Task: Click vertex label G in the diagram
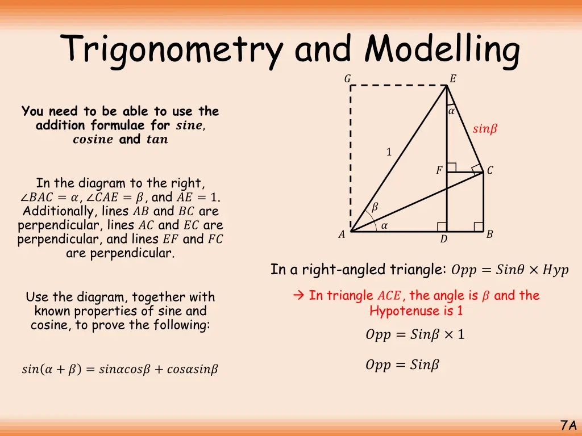pos(347,79)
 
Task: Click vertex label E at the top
pos(452,79)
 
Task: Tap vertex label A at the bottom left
pos(342,234)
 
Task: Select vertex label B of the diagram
pos(489,234)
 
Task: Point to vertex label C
pos(490,170)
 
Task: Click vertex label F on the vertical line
pos(439,170)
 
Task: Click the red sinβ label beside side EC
pos(485,129)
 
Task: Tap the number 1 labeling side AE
pos(389,152)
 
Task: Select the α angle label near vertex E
pos(451,112)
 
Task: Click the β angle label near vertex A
pos(375,208)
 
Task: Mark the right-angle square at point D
pos(442,227)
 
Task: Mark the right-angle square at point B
pos(479,227)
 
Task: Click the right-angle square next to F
pos(451,167)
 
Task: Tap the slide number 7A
pos(568,425)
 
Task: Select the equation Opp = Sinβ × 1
pos(415,335)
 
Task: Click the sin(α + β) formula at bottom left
pos(119,370)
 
